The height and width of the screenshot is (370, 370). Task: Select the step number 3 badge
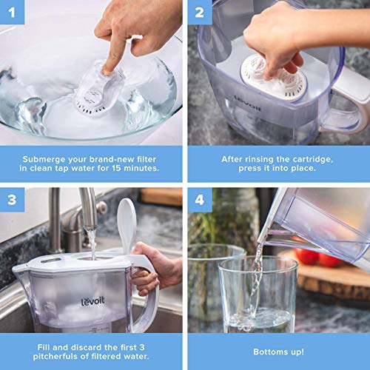coord(10,199)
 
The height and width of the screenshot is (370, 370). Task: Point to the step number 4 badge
coord(198,199)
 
